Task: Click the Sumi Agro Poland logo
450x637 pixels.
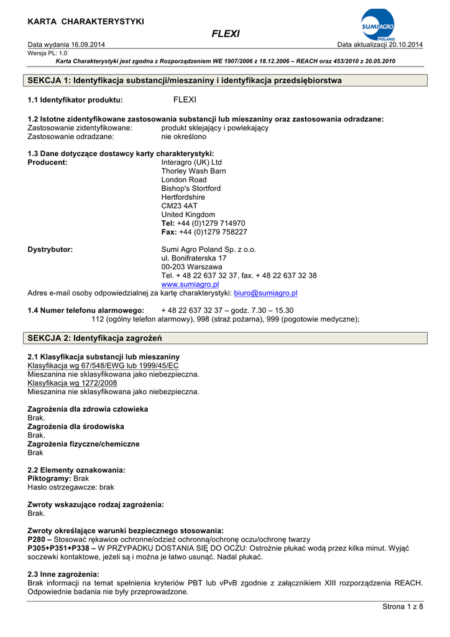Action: click(377, 25)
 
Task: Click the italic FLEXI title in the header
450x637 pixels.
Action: click(226, 34)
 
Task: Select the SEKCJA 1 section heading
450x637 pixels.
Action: click(185, 81)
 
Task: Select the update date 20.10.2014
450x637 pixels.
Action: click(405, 45)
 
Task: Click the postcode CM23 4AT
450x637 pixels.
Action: click(179, 206)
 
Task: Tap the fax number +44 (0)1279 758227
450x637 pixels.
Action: click(213, 232)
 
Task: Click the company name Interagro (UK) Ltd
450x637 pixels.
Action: click(191, 162)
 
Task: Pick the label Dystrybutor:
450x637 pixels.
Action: click(50, 249)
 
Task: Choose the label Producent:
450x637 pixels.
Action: click(48, 162)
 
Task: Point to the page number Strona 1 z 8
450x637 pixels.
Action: click(402, 607)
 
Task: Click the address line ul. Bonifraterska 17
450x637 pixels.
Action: click(194, 258)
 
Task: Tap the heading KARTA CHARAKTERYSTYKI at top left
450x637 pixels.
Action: click(86, 22)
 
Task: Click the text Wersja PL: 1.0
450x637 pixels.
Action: click(47, 53)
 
